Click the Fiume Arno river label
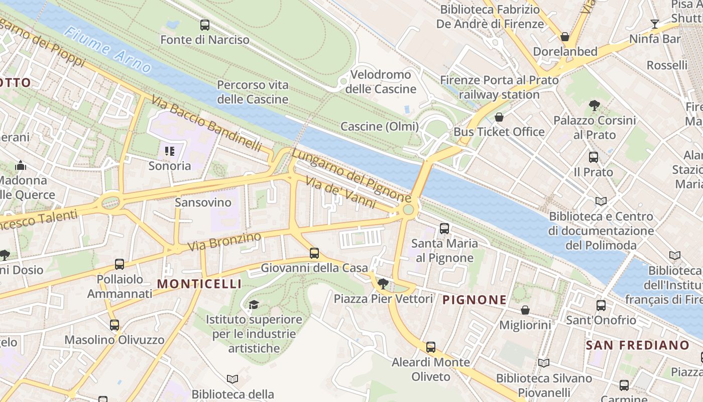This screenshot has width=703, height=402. [107, 50]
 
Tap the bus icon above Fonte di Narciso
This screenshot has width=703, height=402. [204, 25]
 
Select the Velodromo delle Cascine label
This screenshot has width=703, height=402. [381, 82]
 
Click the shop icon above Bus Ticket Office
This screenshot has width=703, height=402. [499, 118]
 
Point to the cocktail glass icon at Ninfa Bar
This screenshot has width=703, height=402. [654, 24]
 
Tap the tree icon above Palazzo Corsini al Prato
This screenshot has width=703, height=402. [595, 106]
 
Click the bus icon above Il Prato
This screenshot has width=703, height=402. [593, 157]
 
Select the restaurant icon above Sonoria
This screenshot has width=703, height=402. [169, 151]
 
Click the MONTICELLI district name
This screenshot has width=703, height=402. [199, 284]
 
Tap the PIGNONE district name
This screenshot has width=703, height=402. [474, 300]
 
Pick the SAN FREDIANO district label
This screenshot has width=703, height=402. [637, 345]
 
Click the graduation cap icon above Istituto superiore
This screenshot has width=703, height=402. [254, 305]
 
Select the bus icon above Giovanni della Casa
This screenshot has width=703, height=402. [314, 253]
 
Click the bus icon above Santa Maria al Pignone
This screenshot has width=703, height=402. [444, 229]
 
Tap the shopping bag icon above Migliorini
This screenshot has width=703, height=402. [525, 310]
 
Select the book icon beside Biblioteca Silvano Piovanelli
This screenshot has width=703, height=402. [543, 363]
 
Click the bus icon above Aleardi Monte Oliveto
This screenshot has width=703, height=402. [430, 347]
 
